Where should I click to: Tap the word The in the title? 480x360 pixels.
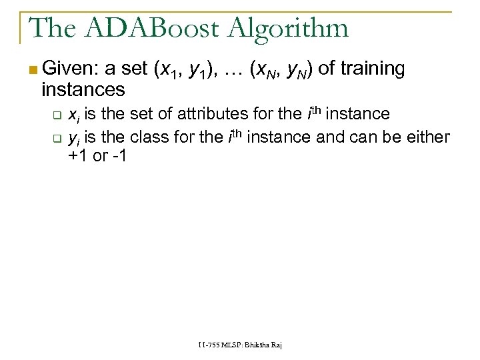(49, 28)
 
